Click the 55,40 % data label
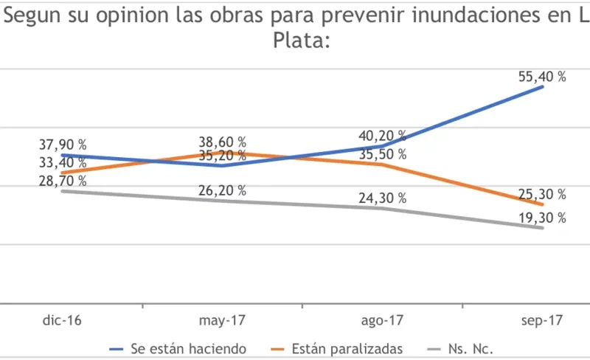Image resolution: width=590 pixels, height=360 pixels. [x=541, y=77]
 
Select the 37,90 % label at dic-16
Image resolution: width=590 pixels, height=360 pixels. [x=63, y=145]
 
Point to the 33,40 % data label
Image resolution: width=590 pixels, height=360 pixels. [x=63, y=162]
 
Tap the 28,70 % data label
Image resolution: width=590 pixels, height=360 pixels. [x=63, y=180]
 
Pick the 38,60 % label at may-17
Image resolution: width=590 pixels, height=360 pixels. [x=222, y=142]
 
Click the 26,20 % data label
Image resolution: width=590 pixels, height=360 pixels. [x=222, y=190]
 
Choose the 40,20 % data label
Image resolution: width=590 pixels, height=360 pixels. [x=381, y=136]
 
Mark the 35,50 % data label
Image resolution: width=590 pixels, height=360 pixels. [x=381, y=154]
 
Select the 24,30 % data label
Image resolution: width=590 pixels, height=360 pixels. [x=381, y=198]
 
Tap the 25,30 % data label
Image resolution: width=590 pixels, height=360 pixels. [x=541, y=195]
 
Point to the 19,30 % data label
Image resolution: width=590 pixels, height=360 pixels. [x=541, y=218]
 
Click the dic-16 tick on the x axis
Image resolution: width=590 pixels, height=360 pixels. [x=62, y=321]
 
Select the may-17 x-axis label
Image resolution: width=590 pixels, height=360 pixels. [x=222, y=321]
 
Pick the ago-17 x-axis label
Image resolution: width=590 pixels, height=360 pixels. [x=381, y=321]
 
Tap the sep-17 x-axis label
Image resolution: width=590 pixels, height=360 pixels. [x=541, y=321]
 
